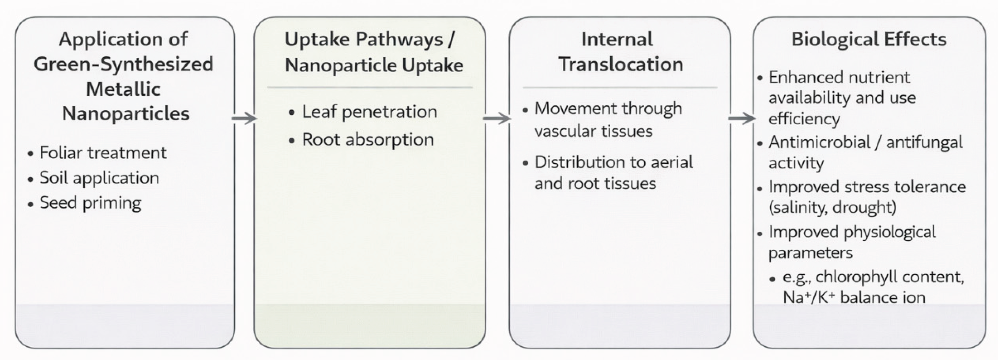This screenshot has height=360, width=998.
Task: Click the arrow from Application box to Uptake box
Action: [244, 118]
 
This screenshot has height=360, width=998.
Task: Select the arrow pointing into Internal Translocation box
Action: [497, 118]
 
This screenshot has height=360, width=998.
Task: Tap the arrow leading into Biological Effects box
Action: [742, 118]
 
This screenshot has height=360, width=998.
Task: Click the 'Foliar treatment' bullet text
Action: [103, 153]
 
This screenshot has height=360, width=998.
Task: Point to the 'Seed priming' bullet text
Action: [90, 203]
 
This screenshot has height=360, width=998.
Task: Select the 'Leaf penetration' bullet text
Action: [369, 111]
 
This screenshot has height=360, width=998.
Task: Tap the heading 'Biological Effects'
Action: [868, 39]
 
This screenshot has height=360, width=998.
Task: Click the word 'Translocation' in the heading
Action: [621, 64]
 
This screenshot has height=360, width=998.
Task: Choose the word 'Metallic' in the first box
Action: [123, 89]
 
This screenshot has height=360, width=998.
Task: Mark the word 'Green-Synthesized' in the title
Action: [123, 64]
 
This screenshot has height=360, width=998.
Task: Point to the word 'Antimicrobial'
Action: [819, 142]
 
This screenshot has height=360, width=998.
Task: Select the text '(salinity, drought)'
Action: [832, 207]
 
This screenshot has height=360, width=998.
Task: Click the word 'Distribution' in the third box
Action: [570, 162]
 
